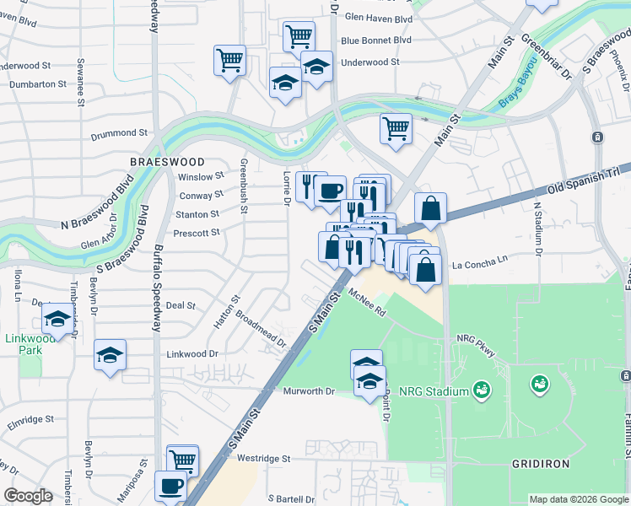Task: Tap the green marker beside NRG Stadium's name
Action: pyautogui.click(x=482, y=390)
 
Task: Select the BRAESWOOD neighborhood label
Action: pyautogui.click(x=168, y=161)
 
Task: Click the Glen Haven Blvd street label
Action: pyautogui.click(x=378, y=18)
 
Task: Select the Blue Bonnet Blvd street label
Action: pyautogui.click(x=376, y=40)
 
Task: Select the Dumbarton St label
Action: pyautogui.click(x=38, y=84)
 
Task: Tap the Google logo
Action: pyautogui.click(x=28, y=496)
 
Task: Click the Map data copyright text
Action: pyautogui.click(x=578, y=499)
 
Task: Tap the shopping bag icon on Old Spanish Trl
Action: pyautogui.click(x=430, y=208)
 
